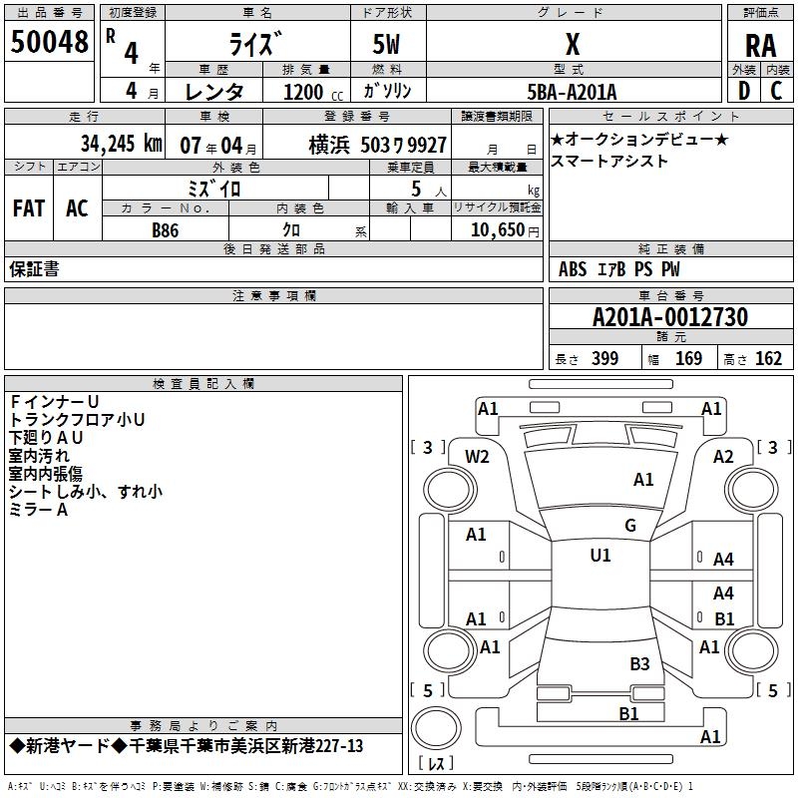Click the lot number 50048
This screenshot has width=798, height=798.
[49, 42]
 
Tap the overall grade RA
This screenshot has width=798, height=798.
[760, 46]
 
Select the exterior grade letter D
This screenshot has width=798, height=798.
[744, 91]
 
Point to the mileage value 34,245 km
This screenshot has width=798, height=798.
[121, 144]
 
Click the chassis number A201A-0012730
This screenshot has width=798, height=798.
[670, 317]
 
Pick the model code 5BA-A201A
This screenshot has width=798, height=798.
[572, 92]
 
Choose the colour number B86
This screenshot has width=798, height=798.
[165, 230]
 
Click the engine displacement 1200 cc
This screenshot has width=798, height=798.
[313, 92]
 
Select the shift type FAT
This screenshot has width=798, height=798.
[29, 208]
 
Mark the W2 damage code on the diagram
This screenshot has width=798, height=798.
[477, 457]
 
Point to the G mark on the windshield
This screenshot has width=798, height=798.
[630, 525]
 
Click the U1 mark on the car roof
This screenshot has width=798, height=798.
[600, 555]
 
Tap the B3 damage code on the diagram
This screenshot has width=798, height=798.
[639, 663]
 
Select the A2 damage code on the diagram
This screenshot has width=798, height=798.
[723, 457]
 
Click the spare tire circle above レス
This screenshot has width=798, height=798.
[436, 727]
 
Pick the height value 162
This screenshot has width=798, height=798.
[768, 358]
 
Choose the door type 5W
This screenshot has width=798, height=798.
[386, 44]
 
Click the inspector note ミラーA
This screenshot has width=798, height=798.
[38, 510]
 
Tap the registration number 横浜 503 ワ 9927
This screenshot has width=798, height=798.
[378, 146]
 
